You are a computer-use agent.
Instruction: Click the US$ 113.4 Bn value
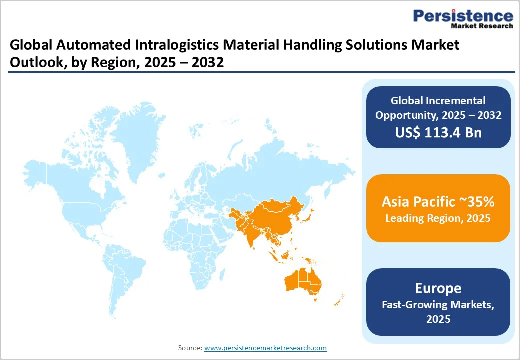[438, 133]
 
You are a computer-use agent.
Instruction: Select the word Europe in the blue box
[438, 288]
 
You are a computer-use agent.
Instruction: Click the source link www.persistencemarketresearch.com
[265, 348]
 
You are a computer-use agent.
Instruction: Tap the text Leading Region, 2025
[438, 218]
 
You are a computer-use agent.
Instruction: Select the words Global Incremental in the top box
[438, 101]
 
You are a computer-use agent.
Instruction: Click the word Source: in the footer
[190, 348]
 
